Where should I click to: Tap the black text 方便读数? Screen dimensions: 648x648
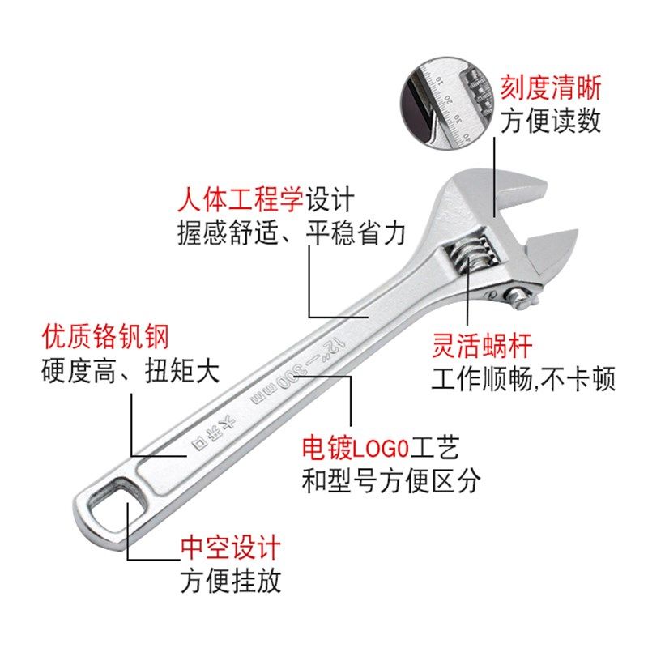click(x=550, y=122)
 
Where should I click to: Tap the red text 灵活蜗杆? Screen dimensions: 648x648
click(x=481, y=347)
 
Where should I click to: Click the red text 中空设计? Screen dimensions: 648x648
click(x=230, y=548)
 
